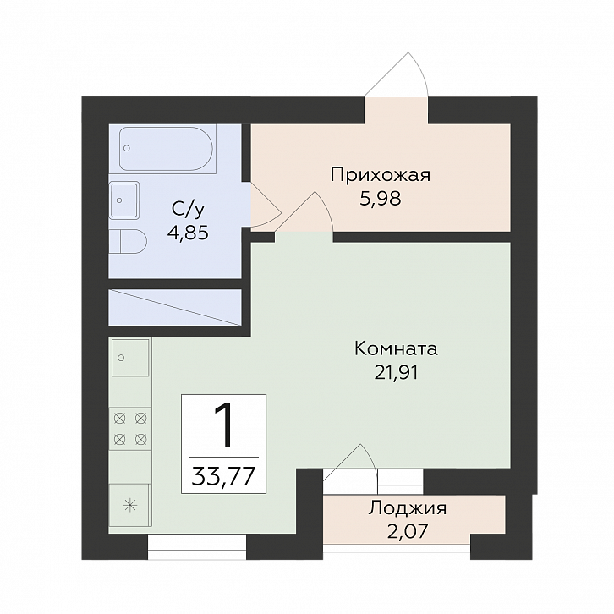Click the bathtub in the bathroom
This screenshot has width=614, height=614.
pyautogui.click(x=167, y=149)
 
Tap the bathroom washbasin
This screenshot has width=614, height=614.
pyautogui.click(x=123, y=200)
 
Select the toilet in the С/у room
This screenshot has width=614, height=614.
pyautogui.click(x=128, y=241)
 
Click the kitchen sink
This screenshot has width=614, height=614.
pyautogui.click(x=130, y=358)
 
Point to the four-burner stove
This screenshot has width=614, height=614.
pyautogui.click(x=130, y=429)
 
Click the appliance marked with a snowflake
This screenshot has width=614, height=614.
pyautogui.click(x=130, y=505)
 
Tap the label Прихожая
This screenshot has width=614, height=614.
pyautogui.click(x=381, y=175)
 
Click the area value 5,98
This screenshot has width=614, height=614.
pyautogui.click(x=381, y=199)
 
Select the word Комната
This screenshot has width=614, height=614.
pyautogui.click(x=396, y=348)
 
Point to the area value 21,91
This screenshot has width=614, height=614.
pyautogui.click(x=397, y=372)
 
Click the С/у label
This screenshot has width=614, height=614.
pyautogui.click(x=188, y=210)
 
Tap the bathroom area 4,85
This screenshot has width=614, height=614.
pyautogui.click(x=188, y=233)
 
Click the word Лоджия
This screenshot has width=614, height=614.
pyautogui.click(x=408, y=508)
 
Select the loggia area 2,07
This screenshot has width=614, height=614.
pyautogui.click(x=408, y=531)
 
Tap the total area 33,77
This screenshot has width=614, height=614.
pyautogui.click(x=223, y=476)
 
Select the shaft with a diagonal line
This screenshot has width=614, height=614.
pyautogui.click(x=175, y=307)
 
